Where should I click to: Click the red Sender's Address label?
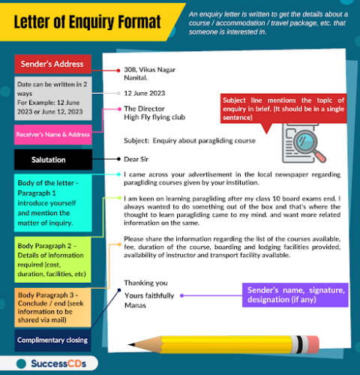(52, 64)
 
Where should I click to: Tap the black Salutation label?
(52, 160)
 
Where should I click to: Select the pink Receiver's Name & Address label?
(52, 134)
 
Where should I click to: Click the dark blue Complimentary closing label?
(52, 340)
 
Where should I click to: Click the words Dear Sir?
(137, 159)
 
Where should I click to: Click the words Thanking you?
(145, 283)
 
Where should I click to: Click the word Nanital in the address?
(136, 77)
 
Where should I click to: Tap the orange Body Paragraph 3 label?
(52, 305)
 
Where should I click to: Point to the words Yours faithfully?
(149, 295)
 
